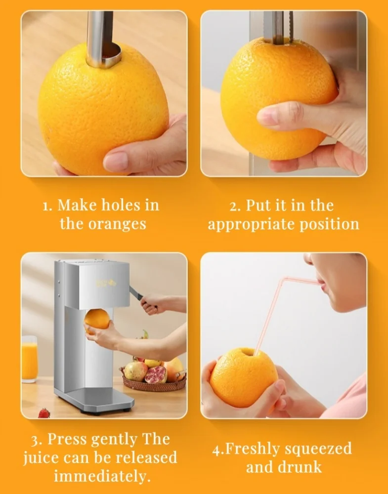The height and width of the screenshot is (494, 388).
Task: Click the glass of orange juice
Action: coord(29,359)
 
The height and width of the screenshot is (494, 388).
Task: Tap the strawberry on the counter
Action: coord(44,413)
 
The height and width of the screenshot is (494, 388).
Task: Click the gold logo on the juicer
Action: coord(106,283)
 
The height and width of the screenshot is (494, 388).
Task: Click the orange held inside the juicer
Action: coord(97,320)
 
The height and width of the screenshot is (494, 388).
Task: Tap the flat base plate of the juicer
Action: coord(94,400)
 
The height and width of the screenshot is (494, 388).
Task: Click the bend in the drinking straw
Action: coord(284,279)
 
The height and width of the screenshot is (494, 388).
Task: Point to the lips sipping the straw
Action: coord(320,283)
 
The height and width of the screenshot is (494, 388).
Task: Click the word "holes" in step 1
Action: coord(122,205)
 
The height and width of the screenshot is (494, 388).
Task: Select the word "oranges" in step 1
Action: coord(117,225)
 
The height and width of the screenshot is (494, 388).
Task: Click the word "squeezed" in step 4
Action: coord(318,449)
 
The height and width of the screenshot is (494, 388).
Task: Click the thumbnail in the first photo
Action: coord(116,162)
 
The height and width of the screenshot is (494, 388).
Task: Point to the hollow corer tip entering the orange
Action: coord(104,57)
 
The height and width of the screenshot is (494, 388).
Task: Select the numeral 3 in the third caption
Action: coord(35,440)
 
